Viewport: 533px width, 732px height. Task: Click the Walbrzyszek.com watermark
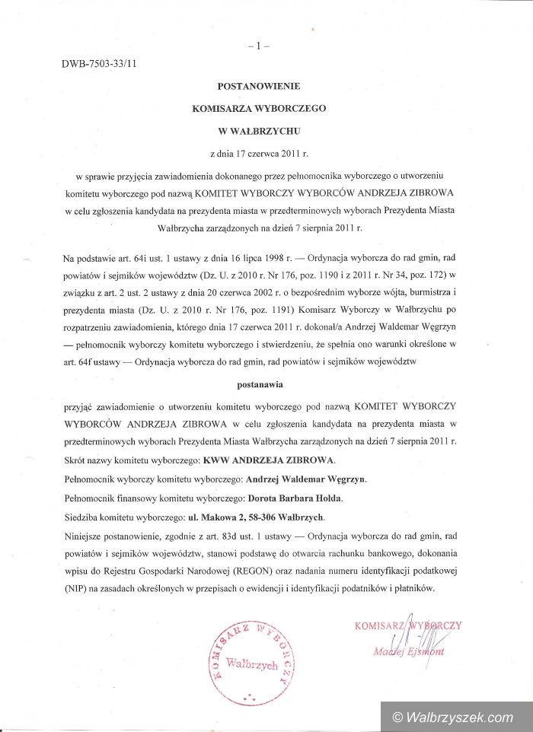coord(452,717)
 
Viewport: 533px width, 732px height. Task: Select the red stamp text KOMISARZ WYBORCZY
coord(408,625)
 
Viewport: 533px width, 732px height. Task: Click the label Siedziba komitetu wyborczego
coord(122,517)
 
